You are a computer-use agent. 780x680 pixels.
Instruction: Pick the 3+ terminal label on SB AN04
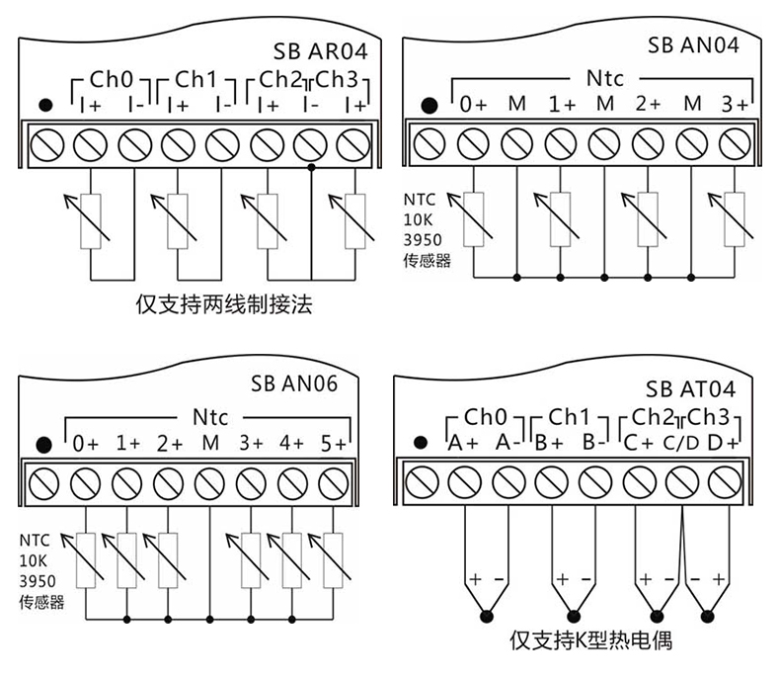(x=736, y=103)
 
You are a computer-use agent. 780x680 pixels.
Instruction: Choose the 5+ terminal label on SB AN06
(x=334, y=442)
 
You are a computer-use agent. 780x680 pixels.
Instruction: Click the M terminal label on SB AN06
(x=209, y=442)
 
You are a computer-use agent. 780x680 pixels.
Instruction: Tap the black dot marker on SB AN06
(x=41, y=444)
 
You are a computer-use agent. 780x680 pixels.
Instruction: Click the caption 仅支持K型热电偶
(x=591, y=640)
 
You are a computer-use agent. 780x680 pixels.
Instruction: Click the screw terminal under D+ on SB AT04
(x=725, y=483)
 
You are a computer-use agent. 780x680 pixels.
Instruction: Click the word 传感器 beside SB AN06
(x=40, y=602)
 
